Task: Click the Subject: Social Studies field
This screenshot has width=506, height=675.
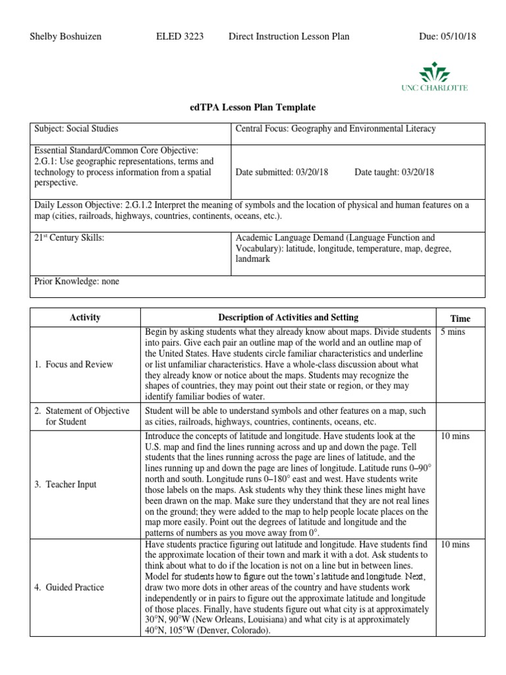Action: (76, 129)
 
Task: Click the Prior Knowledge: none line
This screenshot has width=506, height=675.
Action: (76, 281)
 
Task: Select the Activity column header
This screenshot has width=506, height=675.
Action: (85, 318)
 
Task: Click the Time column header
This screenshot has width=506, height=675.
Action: (460, 318)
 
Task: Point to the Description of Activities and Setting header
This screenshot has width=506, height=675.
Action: (289, 318)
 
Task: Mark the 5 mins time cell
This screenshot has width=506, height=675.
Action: (453, 332)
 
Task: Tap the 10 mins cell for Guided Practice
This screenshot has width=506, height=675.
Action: (455, 544)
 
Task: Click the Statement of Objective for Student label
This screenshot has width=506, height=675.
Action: (82, 416)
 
